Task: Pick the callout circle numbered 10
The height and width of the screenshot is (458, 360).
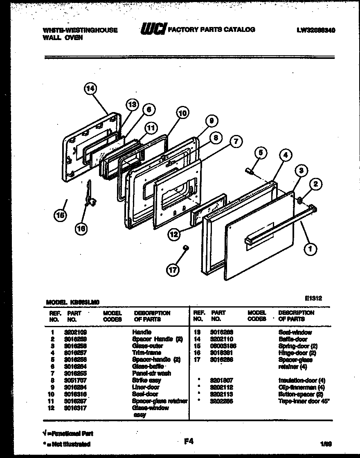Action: point(183,113)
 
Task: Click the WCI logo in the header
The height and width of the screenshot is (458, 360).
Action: point(153,29)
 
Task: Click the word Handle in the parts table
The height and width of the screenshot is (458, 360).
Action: point(142,332)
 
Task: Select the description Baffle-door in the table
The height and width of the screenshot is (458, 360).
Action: point(292,339)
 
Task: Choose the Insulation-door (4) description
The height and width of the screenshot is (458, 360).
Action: point(301,380)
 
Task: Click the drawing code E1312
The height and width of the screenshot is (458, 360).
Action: point(313,298)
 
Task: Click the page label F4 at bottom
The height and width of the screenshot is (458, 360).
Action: point(188,441)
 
